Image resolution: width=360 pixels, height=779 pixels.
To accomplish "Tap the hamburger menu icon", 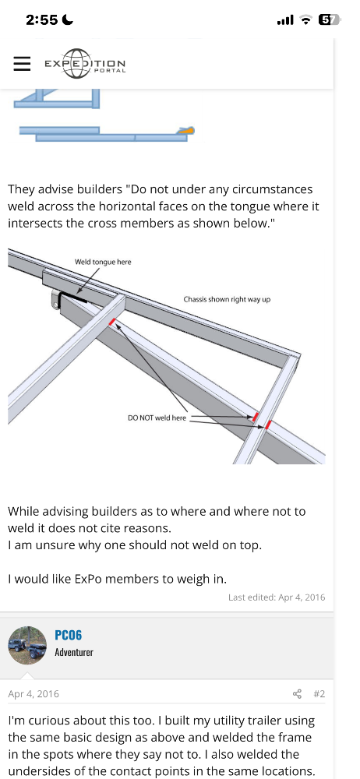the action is coord(22,64).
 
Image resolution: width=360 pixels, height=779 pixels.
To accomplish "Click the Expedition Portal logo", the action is coord(85,64).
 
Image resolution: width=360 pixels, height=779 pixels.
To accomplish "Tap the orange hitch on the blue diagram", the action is coord(186,131).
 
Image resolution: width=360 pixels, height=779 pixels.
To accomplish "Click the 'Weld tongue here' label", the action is coord(103,262).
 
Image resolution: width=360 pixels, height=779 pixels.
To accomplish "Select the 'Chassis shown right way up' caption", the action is coord(227,299).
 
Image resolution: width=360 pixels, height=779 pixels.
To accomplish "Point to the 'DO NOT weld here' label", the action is coord(157,418).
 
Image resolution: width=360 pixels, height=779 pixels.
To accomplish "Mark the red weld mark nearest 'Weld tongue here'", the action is coord(113,322).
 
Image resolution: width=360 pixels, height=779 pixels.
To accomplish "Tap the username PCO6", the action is coord(68,635).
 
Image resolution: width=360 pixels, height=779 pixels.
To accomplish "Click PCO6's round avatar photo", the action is coord(27,645).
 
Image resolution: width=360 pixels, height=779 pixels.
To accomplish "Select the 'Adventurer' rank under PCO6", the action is coord(74,652).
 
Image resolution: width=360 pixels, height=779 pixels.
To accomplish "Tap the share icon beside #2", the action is coord(298,693).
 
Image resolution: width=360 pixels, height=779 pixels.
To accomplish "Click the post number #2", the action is coord(319,693).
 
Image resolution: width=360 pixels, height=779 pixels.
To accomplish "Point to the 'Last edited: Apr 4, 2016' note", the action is coord(277,597).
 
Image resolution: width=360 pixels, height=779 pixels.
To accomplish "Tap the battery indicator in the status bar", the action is coord(329,20).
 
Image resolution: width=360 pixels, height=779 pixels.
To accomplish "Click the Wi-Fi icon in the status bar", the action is coord(306,20).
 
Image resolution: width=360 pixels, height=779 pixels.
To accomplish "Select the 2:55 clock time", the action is coord(42,20).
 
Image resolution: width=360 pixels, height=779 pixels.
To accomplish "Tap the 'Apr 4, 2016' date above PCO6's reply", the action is coord(34,693).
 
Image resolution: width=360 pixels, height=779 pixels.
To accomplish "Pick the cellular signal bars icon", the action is coord(285,20).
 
